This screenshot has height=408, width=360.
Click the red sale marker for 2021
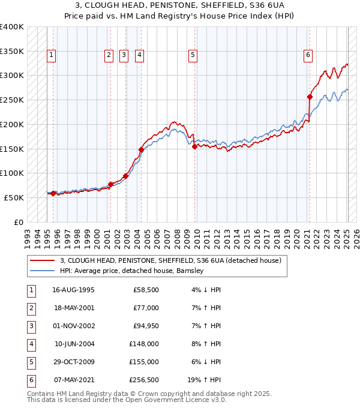click(x=310, y=97)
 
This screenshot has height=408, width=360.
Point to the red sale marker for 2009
click(x=195, y=146)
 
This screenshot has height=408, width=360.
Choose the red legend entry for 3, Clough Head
click(x=166, y=260)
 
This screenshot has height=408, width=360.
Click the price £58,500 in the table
click(x=146, y=290)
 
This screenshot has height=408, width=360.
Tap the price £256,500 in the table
click(x=145, y=380)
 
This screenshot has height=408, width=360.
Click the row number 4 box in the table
click(x=31, y=344)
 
